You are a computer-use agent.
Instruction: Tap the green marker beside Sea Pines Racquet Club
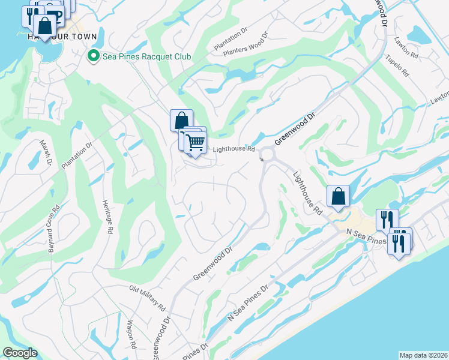click(93, 56)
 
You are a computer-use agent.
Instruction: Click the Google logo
click(20, 353)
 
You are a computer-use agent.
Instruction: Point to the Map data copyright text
click(423, 355)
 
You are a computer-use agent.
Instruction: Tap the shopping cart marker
click(195, 143)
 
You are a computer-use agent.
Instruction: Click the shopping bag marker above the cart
click(181, 121)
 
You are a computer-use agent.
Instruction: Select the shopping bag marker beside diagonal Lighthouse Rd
click(338, 196)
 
